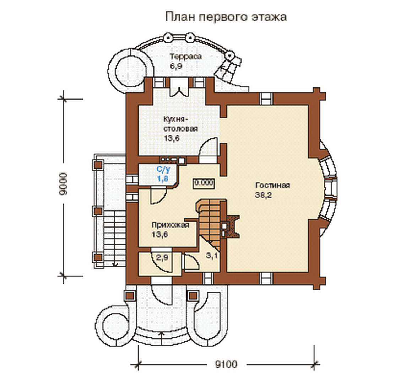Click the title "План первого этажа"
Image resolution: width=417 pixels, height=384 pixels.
[x=226, y=17]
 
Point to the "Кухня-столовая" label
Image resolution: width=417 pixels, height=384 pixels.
[x=180, y=123]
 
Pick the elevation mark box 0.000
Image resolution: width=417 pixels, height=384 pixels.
[x=204, y=183]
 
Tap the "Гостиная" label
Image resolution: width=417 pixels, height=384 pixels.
[x=272, y=186]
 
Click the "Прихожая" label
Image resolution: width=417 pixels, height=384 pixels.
[x=170, y=225]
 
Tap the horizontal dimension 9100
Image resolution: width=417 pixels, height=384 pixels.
[x=226, y=364]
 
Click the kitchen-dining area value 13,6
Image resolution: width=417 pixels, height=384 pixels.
[x=172, y=138]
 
